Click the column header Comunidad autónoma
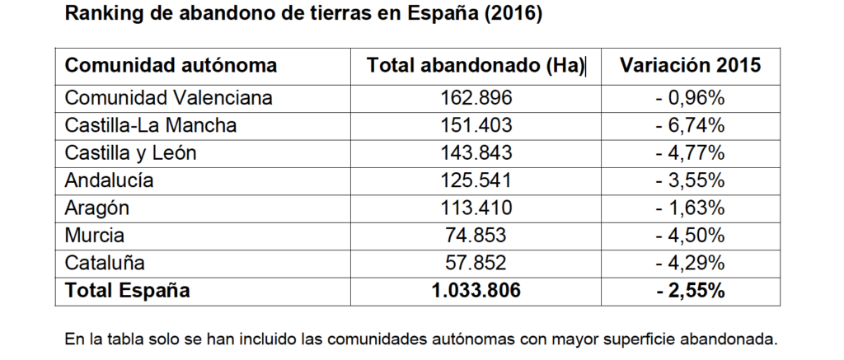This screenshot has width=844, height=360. point(171,65)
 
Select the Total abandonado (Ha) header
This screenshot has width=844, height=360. point(475,65)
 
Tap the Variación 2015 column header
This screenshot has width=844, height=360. point(690,65)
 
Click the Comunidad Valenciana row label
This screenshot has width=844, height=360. point(168,98)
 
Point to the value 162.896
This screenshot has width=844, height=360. point(476,98)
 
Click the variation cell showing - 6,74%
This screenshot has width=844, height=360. point(690,125)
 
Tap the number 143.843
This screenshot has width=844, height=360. point(476,152)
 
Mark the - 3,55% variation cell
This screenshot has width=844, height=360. point(690,180)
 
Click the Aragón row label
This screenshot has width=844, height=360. point(96,208)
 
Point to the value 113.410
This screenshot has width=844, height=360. point(476,208)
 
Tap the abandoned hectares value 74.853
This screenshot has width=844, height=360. point(476,235)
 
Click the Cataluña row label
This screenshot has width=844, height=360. point(105,263)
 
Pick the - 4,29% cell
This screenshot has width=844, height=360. point(690,263)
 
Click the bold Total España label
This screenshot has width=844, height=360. point(127,290)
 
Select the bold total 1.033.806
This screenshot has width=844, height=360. point(476,290)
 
